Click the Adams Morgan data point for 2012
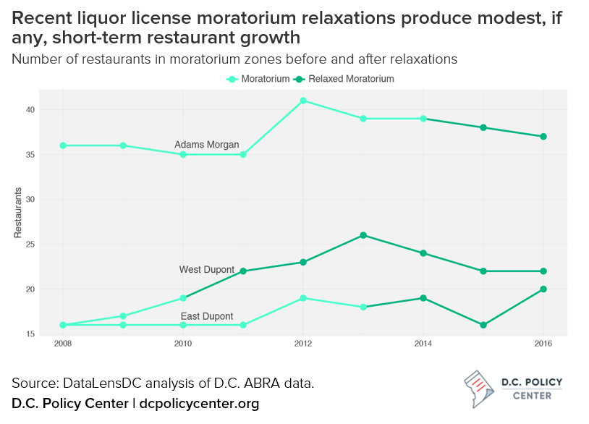coord(303,101)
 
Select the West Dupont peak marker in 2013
coord(363,235)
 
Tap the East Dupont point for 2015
coord(483,325)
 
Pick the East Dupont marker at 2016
coord(543,289)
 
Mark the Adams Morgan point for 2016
coord(543,137)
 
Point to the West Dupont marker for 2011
coord(243,271)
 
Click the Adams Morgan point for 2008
coord(63,145)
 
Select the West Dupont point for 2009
coord(123,316)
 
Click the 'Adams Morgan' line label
coord(206,145)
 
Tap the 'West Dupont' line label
coord(206,270)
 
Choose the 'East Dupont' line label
coord(206,316)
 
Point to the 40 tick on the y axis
coord(30,110)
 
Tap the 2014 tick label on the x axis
coord(423,344)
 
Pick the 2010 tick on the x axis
coord(183,344)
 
